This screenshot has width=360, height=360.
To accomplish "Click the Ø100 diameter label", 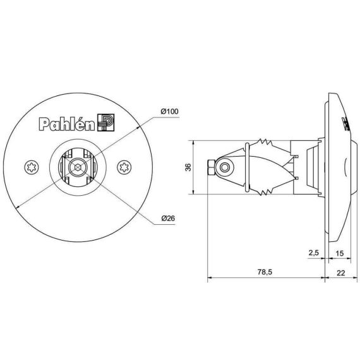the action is pos(170,112).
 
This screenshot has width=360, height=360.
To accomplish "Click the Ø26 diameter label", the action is pos(168,218).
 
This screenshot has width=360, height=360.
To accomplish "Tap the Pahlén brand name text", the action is pos(67,124).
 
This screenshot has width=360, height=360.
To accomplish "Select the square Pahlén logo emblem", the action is pos(106,123).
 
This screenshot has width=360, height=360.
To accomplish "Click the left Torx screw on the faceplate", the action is pos(32,167).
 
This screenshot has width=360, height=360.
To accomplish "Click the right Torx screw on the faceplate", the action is pos(124,167).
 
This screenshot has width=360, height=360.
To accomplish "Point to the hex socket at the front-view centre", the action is pos(78,167).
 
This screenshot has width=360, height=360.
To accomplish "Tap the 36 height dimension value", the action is pos(188,167).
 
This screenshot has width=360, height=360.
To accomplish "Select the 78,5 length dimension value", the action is pos(265,272).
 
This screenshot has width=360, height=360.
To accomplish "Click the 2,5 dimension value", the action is pos(314,253).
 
